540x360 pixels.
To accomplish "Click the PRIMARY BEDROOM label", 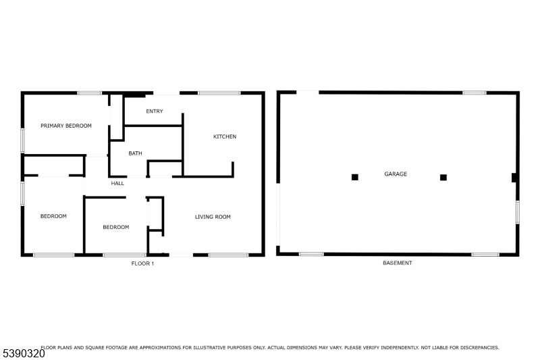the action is [66, 126].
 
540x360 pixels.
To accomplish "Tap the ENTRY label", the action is [155, 111].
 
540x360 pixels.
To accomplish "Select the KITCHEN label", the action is [225, 136].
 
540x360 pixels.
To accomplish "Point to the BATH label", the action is [136, 153].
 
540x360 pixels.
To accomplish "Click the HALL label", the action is [117, 183].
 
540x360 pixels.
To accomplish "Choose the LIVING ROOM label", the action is [213, 217].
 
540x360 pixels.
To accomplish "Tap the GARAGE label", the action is [396, 174].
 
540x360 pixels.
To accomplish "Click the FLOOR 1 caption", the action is [142, 263].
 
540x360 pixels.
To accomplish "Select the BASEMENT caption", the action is [398, 263].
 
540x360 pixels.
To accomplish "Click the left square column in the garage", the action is [355, 177].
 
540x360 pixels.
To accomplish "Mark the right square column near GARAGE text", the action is [443, 178].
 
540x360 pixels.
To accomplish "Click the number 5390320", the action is [24, 353].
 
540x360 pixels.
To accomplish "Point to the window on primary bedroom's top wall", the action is [89, 93].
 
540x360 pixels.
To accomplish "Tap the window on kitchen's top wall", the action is [219, 93].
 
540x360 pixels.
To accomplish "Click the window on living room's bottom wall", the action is [228, 255].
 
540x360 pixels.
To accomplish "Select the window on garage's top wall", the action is [475, 93].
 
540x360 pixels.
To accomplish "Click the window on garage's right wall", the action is [518, 212].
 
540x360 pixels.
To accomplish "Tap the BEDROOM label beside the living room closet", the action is [116, 227].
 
